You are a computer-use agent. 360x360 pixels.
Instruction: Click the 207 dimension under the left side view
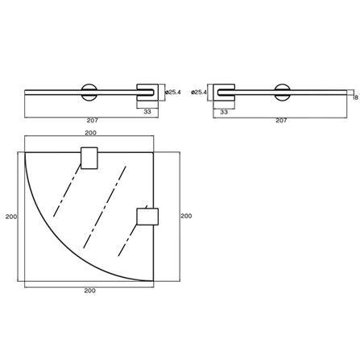(93, 120)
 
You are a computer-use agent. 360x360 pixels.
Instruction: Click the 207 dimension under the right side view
(281, 120)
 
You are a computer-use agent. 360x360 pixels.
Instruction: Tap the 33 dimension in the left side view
(147, 112)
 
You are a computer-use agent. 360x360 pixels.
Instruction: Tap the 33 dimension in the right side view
(224, 112)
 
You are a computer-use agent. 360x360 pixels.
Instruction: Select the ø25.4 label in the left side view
(173, 93)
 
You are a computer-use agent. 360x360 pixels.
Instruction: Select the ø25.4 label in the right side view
(199, 93)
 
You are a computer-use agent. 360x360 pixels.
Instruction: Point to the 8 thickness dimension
(356, 97)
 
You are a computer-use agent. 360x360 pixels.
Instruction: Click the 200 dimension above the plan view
(91, 133)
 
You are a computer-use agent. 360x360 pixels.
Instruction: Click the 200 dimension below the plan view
(90, 291)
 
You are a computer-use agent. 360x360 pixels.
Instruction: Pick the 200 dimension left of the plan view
(11, 217)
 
